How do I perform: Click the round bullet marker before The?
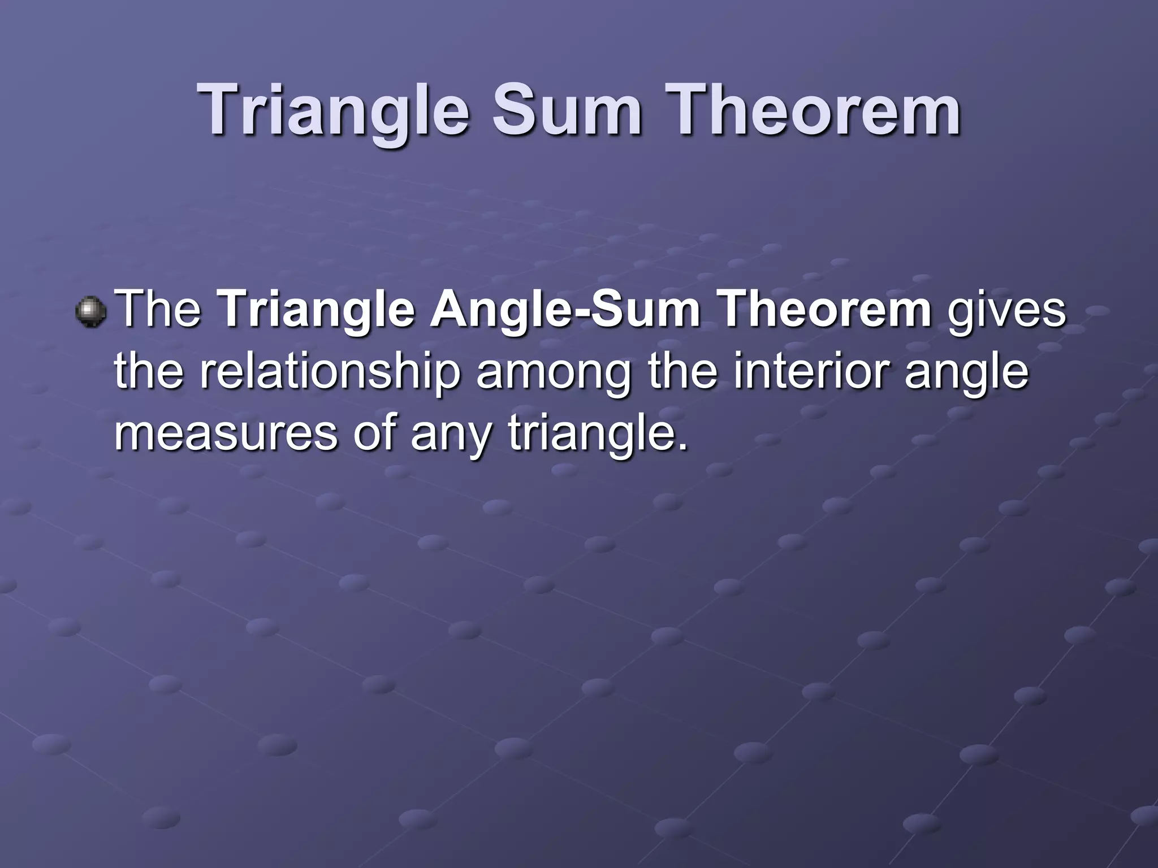coord(90,312)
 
